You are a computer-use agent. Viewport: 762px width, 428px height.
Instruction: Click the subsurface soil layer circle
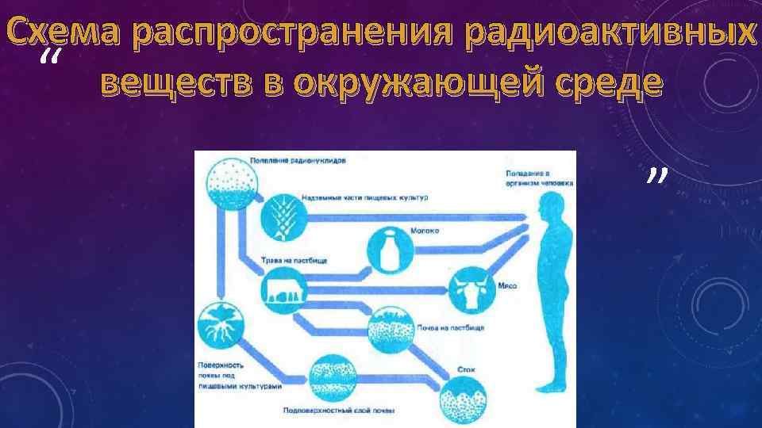click(333, 379)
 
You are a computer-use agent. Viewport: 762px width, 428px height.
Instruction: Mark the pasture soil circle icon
click(391, 329)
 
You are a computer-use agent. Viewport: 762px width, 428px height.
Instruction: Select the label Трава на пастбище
click(294, 260)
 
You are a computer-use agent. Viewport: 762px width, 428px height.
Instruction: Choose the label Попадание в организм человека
click(528, 177)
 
